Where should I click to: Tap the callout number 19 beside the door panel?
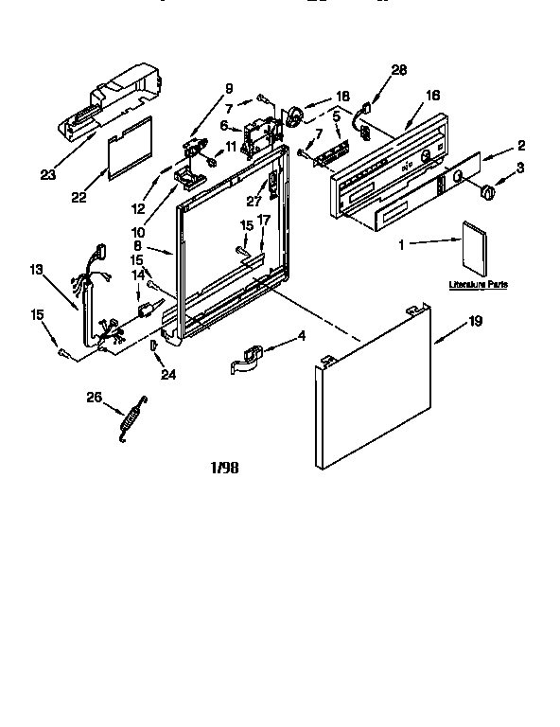point(475,322)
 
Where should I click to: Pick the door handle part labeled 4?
point(248,357)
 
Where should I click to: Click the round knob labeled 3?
point(489,192)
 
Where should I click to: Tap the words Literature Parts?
point(477,283)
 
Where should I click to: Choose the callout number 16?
point(432,96)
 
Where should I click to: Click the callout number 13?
point(37,271)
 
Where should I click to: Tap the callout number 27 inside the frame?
point(253,200)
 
